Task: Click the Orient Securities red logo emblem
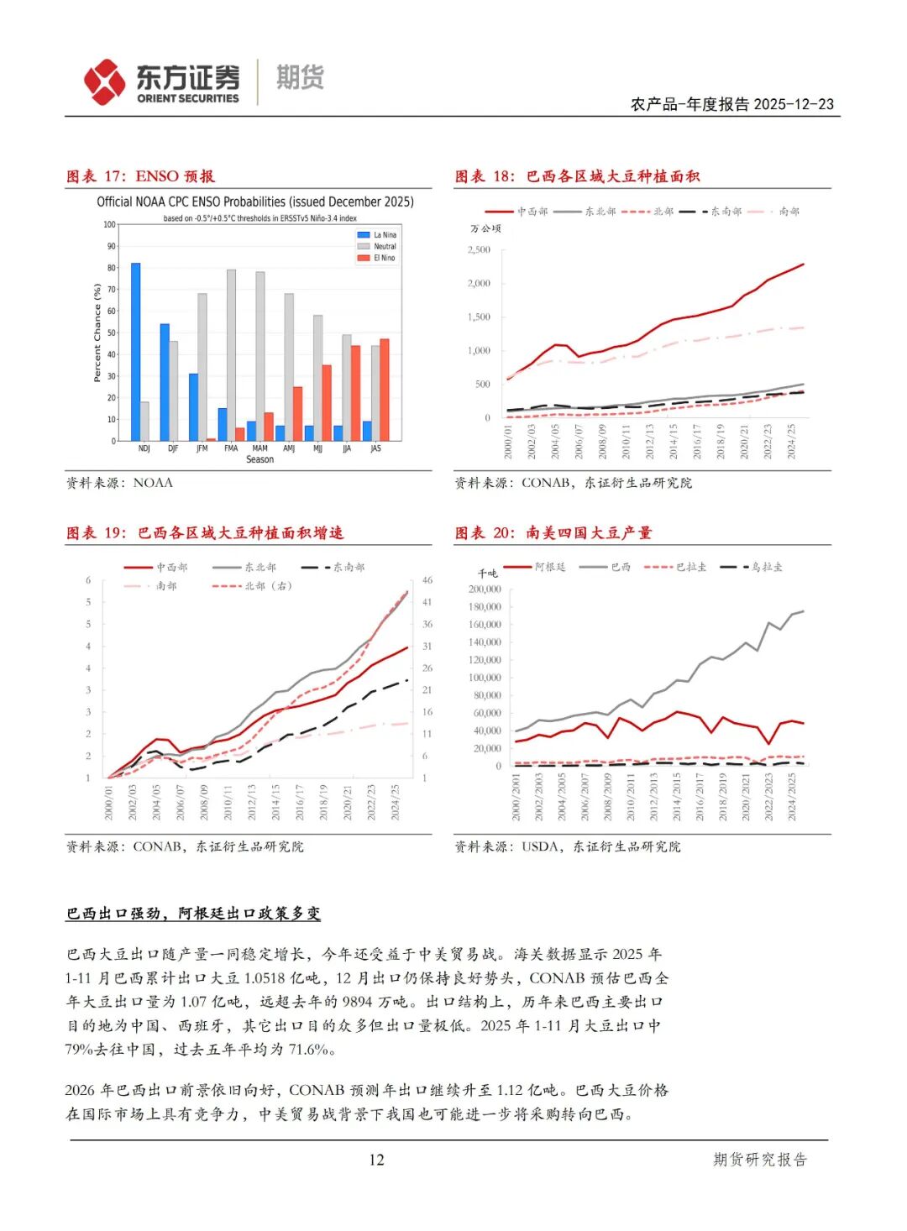(105, 81)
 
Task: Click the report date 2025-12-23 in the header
(794, 104)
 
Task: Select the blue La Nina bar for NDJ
(135, 352)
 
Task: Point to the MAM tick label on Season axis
(260, 448)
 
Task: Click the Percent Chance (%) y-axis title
(97, 333)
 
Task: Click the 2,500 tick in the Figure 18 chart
(479, 250)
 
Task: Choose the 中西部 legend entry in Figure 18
(516, 212)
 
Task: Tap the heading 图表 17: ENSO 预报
(141, 176)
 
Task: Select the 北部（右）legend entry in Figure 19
(253, 585)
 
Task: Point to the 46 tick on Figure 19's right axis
(427, 580)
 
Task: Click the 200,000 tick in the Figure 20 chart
(485, 589)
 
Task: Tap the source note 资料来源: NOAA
(119, 483)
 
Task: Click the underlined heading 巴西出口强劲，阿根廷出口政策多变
(193, 913)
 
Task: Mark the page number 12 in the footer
(376, 1160)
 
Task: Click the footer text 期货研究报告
(759, 1160)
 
